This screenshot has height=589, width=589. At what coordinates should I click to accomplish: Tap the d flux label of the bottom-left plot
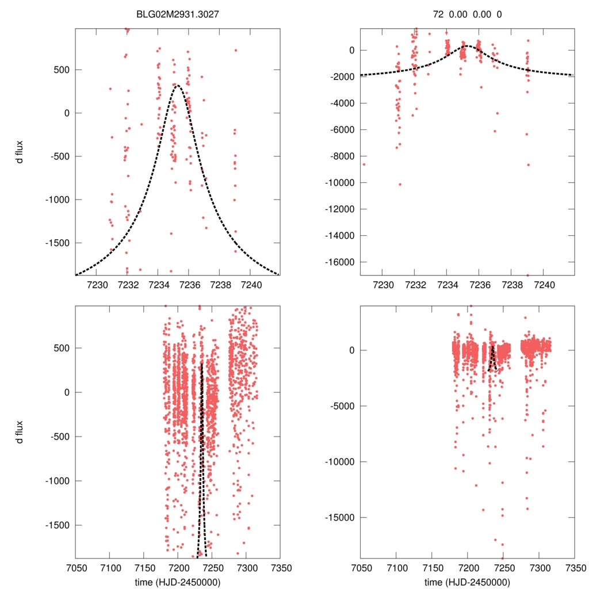[20, 431]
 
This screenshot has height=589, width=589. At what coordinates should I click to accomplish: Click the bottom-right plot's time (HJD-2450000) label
[467, 582]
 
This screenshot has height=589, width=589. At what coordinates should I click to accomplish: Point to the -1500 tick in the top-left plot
[58, 243]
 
